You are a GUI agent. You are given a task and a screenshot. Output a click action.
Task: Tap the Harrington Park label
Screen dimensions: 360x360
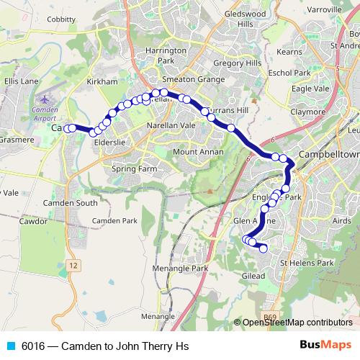click(166, 56)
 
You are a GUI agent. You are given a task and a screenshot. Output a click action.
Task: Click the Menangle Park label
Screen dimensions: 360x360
click(180, 269)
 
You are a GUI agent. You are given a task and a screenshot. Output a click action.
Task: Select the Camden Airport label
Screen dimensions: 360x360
click(45, 113)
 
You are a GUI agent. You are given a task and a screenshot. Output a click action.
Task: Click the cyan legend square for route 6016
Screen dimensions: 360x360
click(10, 346)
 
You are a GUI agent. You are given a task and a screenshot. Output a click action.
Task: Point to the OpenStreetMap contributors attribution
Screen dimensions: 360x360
click(297, 323)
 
